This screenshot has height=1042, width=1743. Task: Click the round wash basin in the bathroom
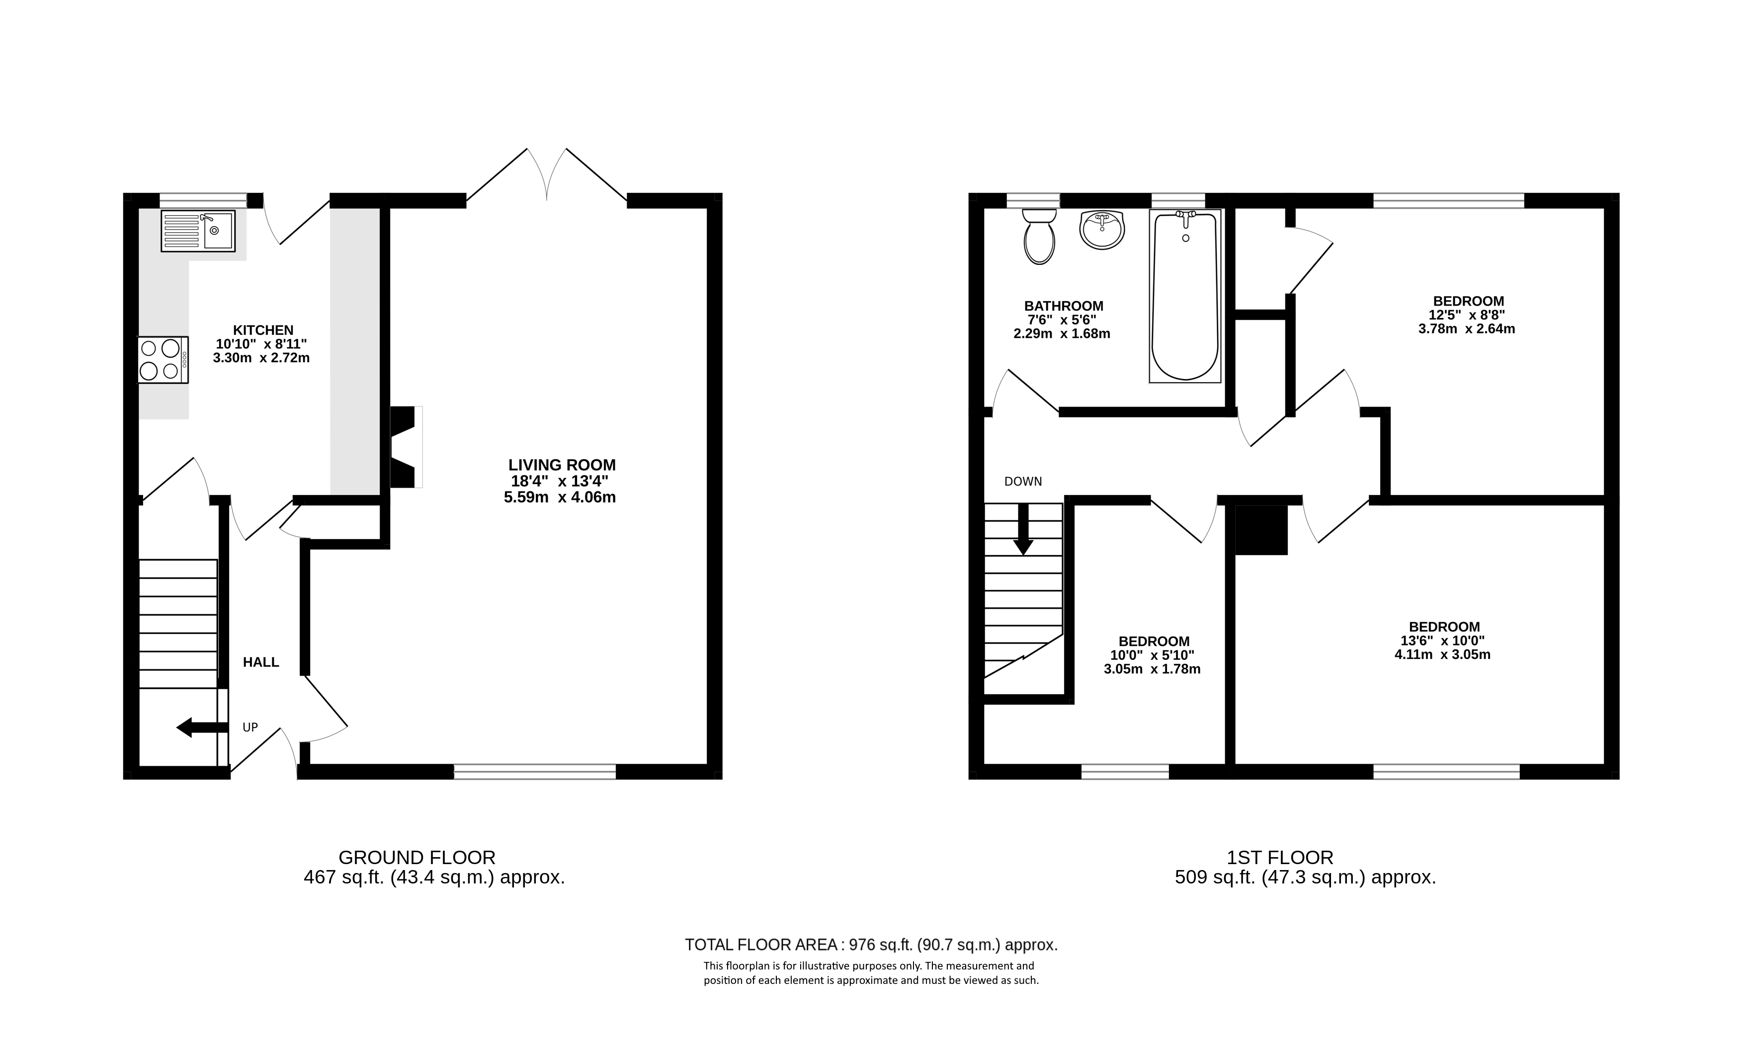(x=1102, y=230)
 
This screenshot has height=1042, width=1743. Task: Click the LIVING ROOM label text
(x=562, y=465)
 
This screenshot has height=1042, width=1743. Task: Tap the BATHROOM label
(x=1063, y=306)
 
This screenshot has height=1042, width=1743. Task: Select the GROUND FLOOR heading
(x=416, y=857)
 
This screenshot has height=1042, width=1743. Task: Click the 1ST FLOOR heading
(x=1279, y=857)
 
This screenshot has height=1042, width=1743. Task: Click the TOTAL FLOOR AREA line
(x=871, y=945)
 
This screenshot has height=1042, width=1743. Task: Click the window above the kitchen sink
(x=203, y=200)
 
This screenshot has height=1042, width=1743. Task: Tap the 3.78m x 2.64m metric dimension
(x=1466, y=328)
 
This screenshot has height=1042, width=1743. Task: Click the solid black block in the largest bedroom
(x=1261, y=530)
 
